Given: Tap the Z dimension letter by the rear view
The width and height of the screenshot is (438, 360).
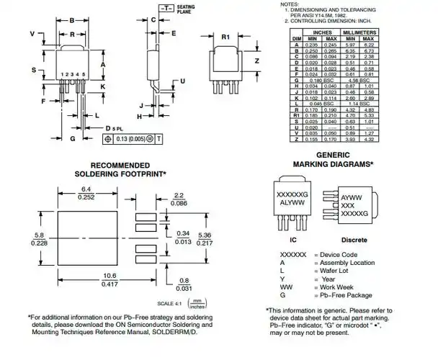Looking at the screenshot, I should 256,61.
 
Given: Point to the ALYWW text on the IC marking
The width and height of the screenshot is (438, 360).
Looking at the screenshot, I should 292,204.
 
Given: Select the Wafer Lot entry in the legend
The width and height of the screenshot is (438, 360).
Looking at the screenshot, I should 334,271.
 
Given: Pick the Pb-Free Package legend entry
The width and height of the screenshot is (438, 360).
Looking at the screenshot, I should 343,296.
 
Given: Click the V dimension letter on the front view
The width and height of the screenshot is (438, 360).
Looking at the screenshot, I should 32,34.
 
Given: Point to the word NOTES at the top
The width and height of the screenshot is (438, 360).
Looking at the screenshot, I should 288,4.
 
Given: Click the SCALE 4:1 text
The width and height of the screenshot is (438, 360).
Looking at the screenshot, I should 170,303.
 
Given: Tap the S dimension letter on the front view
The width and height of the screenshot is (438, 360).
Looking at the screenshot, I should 33,69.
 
